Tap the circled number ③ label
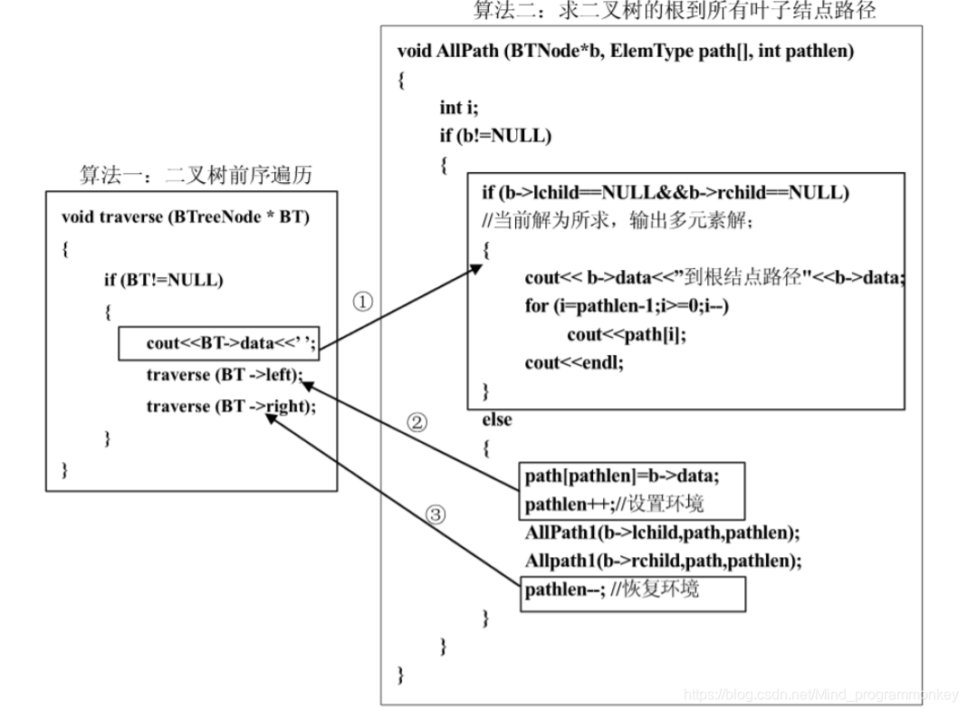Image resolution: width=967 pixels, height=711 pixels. point(436,515)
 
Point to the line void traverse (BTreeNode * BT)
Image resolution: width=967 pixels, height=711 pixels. point(185,217)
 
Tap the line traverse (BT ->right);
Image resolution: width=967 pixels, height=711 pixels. point(231,407)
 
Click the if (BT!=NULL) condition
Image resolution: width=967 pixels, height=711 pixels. point(163,280)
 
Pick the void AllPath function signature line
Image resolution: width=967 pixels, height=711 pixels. point(625,52)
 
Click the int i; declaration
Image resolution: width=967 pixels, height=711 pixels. point(458,108)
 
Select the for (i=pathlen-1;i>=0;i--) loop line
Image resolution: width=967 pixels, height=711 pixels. point(627,306)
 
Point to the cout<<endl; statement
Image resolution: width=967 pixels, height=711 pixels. point(574,363)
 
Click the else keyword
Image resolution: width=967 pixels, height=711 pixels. point(497,419)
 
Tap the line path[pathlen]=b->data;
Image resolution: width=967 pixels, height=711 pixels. point(621,476)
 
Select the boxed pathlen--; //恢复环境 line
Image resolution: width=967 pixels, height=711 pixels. point(612,590)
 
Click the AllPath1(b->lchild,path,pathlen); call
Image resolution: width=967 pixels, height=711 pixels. point(662,533)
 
